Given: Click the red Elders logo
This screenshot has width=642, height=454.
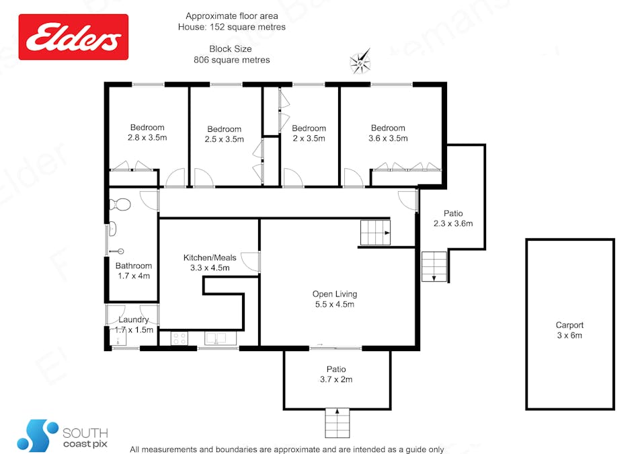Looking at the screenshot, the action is pos(73,37).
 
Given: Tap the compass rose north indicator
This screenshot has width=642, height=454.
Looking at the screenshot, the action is pos(360,61).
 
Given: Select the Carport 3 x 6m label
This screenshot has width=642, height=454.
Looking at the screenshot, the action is pos(569,330).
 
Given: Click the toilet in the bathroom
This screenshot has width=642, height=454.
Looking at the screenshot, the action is pos(120,204).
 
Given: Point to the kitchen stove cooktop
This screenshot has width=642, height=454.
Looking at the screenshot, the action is pos(179,338).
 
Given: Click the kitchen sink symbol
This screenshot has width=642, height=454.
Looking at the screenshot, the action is pos(216,338).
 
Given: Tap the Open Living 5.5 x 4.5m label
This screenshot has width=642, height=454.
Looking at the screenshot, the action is pos(335,299).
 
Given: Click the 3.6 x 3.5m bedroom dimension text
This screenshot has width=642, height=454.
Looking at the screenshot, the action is pos(388,138).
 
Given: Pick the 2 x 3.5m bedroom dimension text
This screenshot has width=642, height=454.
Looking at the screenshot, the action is pos(309,139).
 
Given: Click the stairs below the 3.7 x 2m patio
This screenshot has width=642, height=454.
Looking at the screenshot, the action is pos(337,423).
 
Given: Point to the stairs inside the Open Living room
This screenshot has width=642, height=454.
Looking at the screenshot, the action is pos(375,233).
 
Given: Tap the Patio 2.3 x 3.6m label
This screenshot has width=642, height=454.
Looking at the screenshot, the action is pos(453,219).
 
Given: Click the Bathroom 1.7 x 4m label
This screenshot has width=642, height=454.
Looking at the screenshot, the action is pos(134,271).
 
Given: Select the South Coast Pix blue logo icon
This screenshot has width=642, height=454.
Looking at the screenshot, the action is pos(38,435).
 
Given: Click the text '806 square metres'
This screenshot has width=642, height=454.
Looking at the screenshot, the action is pos(232,60).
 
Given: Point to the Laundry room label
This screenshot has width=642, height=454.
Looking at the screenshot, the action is pos(134,319).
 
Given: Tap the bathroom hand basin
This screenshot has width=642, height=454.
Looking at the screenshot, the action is pos(112,229).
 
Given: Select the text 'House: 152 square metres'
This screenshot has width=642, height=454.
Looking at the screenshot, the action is pos(232,27).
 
